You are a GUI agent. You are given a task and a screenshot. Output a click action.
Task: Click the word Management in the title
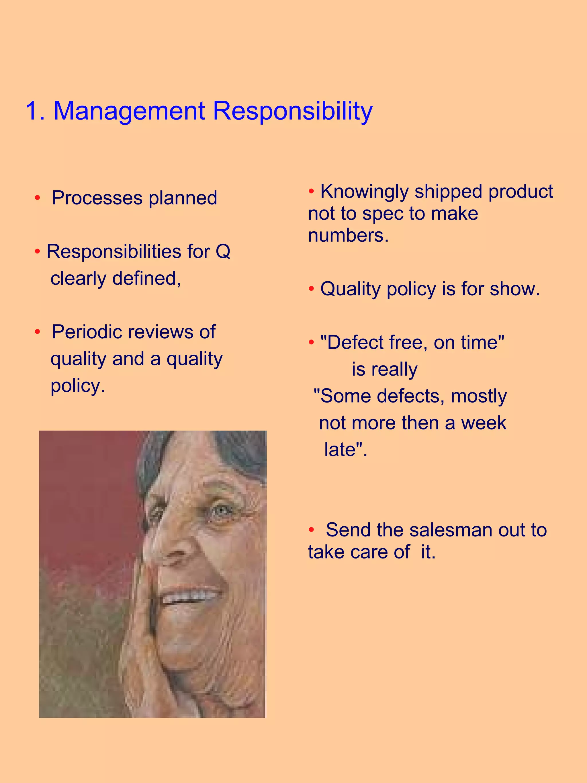(129, 111)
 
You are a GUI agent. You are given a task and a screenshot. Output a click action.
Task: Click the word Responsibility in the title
(293, 111)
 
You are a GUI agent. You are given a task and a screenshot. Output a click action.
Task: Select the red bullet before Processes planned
(38, 198)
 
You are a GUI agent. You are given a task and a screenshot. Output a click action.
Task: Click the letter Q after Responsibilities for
(223, 252)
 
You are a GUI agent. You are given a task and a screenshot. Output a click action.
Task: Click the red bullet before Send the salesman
(311, 530)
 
